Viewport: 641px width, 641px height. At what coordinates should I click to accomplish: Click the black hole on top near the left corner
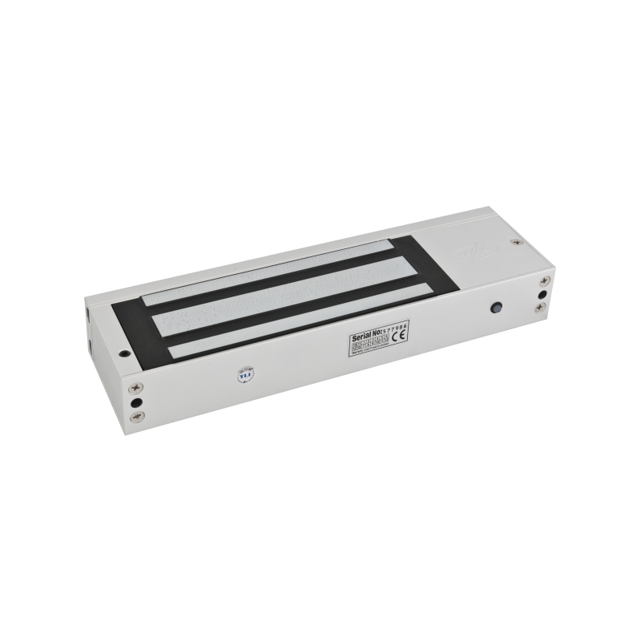pos(125,350)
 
